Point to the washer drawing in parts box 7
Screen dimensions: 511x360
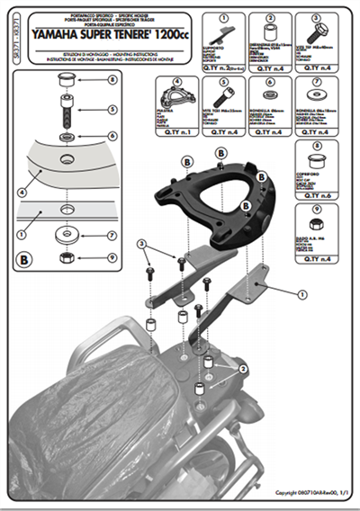(x=315, y=96)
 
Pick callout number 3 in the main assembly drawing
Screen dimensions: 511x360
(x=141, y=245)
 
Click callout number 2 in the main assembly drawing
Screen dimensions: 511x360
(x=242, y=369)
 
